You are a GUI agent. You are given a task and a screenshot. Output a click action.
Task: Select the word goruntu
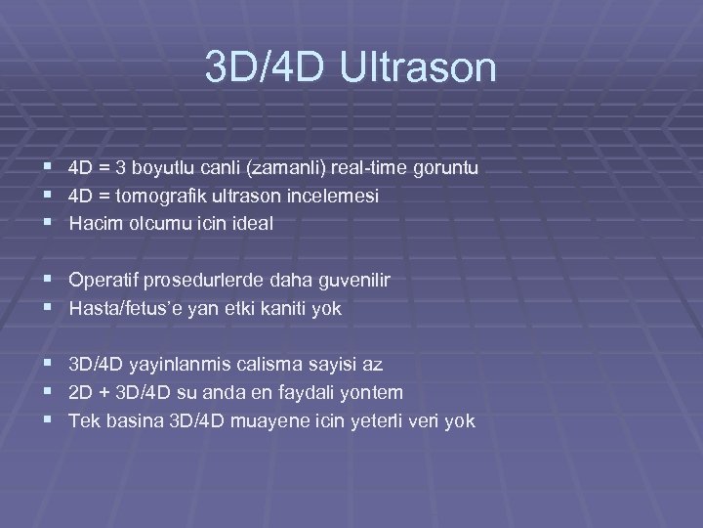443,169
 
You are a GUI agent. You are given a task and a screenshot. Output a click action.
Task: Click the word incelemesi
331,197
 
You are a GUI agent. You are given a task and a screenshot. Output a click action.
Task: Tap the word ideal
253,224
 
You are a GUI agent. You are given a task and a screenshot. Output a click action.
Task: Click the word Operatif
103,281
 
